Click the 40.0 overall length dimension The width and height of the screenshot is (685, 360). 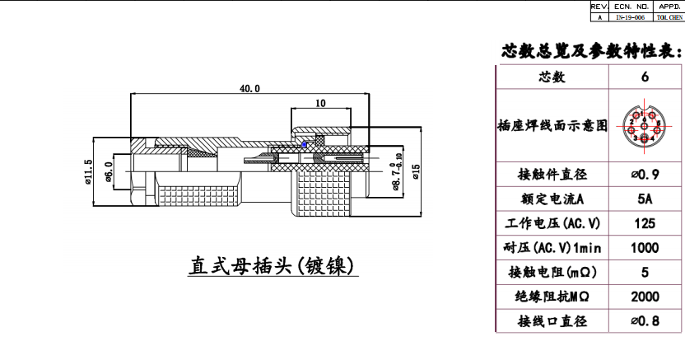(249, 88)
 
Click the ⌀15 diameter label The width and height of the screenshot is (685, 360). (415, 172)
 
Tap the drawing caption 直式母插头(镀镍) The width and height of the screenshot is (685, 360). (272, 266)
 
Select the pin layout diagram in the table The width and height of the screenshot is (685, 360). (645, 126)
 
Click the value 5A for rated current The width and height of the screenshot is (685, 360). (645, 199)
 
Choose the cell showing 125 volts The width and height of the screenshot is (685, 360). (645, 223)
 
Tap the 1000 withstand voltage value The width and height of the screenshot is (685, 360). (645, 248)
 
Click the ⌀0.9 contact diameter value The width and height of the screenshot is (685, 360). (645, 175)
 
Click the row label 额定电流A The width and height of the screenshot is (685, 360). (552, 199)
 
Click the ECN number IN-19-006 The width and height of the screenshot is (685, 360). (630, 16)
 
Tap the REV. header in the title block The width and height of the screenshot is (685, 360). (599, 6)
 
